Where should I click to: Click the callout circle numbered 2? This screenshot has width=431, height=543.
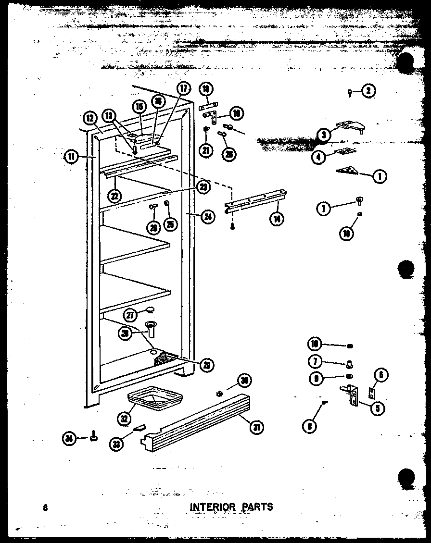[368, 91]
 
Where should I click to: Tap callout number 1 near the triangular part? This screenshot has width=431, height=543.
[380, 176]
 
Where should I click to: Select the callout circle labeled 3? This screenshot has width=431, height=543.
[324, 136]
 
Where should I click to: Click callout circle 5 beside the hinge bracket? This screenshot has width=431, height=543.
[378, 408]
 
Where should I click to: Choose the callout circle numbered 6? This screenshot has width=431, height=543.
[380, 375]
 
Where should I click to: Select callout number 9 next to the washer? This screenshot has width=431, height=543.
[316, 378]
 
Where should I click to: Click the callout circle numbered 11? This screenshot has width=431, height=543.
[71, 157]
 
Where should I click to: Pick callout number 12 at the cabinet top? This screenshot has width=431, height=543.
[90, 117]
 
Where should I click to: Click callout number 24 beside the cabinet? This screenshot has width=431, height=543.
[208, 216]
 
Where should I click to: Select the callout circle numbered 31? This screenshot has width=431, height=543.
[257, 426]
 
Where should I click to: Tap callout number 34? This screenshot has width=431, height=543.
[71, 437]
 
